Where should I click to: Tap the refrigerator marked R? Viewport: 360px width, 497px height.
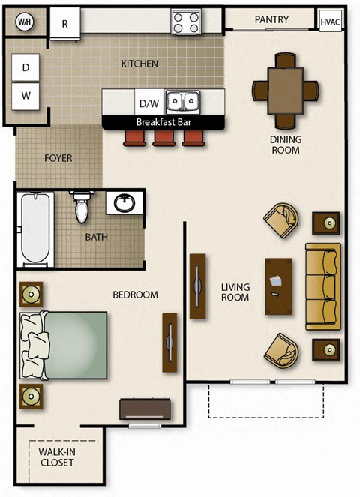(x=65, y=23)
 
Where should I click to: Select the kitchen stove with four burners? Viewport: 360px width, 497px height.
(x=185, y=22)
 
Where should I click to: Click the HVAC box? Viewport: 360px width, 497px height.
(x=330, y=22)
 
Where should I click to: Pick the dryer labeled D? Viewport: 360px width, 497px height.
(x=26, y=68)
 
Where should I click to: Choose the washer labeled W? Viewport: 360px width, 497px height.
(x=26, y=96)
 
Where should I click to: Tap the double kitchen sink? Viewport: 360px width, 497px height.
(x=182, y=101)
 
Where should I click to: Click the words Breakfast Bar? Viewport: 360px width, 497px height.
(x=163, y=121)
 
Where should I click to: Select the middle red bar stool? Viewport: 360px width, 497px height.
(x=163, y=137)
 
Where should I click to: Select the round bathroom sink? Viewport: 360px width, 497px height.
(x=123, y=202)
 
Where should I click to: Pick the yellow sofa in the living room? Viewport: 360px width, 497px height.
(x=322, y=286)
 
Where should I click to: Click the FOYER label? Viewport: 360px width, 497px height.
(x=58, y=158)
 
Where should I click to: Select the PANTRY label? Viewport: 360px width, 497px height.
(x=271, y=19)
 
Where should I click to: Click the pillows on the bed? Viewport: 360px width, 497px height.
(x=33, y=345)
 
